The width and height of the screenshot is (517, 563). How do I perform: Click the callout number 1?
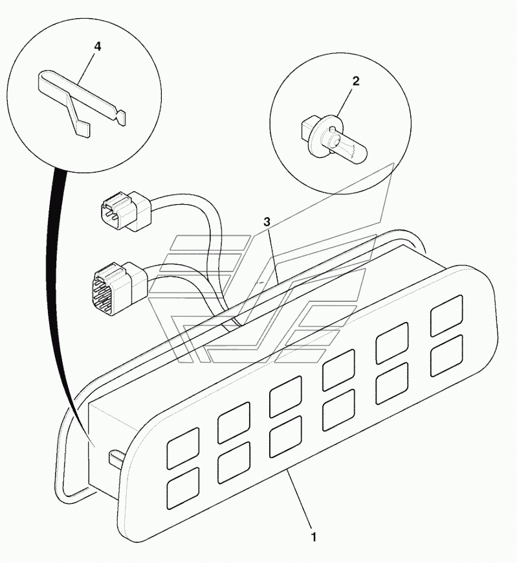pyautogui.click(x=313, y=537)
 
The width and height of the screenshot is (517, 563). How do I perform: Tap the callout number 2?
pyautogui.click(x=355, y=81)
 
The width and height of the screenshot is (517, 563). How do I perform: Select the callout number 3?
pyautogui.click(x=267, y=222)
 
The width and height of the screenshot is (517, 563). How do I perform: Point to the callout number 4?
pyautogui.click(x=98, y=47)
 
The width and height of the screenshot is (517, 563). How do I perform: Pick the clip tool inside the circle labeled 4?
pyautogui.click(x=82, y=103)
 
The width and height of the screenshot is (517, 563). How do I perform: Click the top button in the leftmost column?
pyautogui.click(x=183, y=448)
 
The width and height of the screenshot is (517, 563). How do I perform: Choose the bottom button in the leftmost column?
pyautogui.click(x=183, y=488)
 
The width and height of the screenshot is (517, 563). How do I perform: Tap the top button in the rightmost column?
pyautogui.click(x=446, y=316)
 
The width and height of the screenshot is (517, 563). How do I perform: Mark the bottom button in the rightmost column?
pyautogui.click(x=446, y=356)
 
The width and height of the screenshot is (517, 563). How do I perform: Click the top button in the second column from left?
pyautogui.click(x=234, y=422)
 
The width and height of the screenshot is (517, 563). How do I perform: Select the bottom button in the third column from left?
pyautogui.click(x=286, y=437)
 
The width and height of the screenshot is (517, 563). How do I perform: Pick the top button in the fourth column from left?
pyautogui.click(x=339, y=369)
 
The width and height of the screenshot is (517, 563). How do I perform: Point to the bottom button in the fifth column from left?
pyautogui.click(x=392, y=383)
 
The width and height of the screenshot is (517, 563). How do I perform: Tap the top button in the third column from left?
pyautogui.click(x=286, y=396)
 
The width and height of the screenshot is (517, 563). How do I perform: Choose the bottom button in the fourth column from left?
pyautogui.click(x=339, y=409)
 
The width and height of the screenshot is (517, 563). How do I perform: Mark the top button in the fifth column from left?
pyautogui.click(x=392, y=343)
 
